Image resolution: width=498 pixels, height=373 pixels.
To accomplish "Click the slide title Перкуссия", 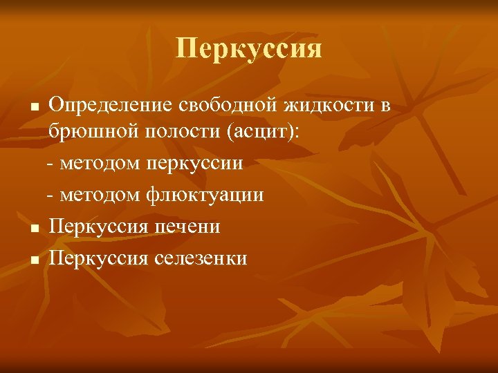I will click(249, 49).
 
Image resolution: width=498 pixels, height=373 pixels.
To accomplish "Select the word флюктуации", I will click(205, 195).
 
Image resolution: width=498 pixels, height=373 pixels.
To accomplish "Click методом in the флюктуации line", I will click(99, 195).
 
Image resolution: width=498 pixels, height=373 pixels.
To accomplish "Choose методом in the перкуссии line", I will click(99, 164).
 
